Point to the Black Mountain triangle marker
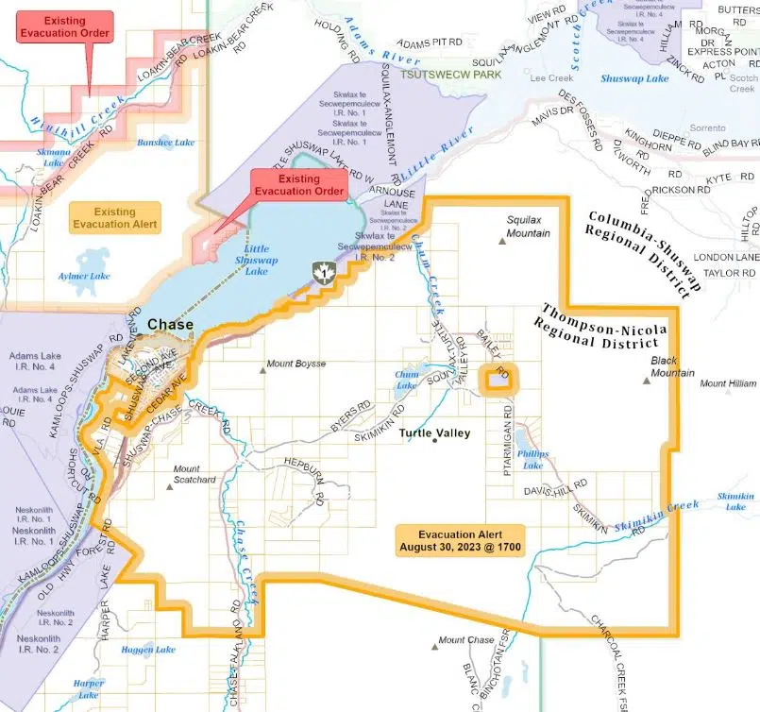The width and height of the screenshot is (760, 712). [647, 381]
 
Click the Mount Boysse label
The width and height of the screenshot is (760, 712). [296, 364]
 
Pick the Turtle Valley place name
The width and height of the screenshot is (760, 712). [434, 433]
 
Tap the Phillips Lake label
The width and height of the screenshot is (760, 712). [532, 460]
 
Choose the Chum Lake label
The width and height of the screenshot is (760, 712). [406, 380]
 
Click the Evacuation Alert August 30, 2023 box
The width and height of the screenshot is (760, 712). [458, 541]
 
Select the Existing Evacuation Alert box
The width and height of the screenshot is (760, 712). [114, 219]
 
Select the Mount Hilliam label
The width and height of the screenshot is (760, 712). [728, 383]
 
